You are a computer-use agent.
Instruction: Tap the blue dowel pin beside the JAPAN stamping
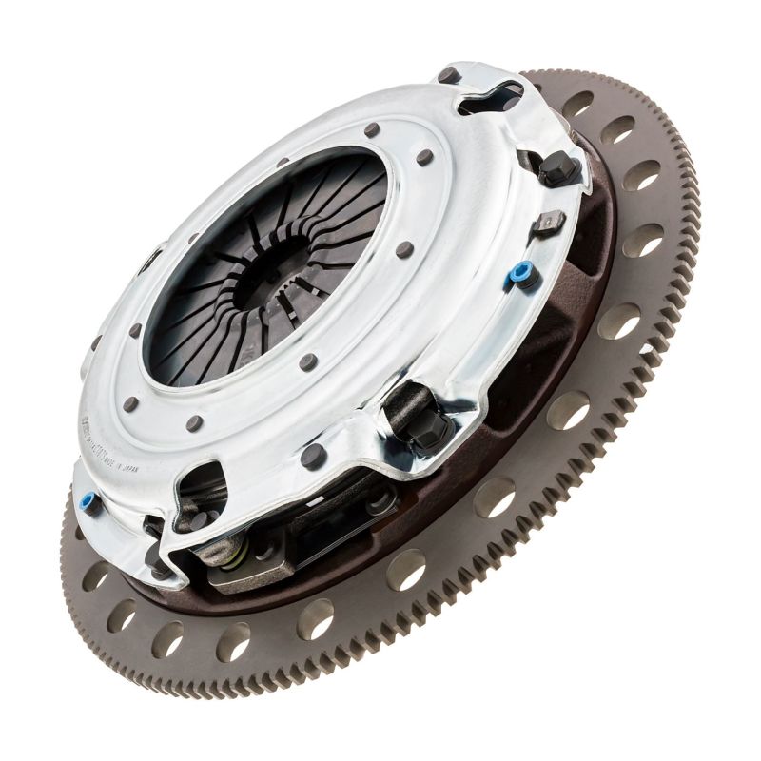tap(89, 501)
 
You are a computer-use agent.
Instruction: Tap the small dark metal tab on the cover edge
tap(550, 224)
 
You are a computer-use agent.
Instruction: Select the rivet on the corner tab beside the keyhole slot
tap(447, 75)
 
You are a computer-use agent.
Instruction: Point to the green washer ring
tap(233, 550)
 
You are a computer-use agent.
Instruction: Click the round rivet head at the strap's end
tap(380, 500)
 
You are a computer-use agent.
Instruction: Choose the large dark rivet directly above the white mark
tap(313, 457)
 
